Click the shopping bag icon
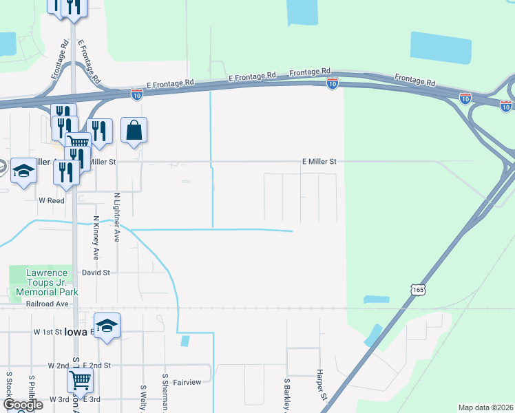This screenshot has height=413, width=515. [x=134, y=130]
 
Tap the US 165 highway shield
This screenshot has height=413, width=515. [x=418, y=290]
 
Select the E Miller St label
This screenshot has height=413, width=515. [x=319, y=161]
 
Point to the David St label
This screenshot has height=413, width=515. [x=96, y=273]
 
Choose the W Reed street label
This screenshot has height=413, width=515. [x=51, y=200]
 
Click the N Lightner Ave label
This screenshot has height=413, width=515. [x=117, y=216]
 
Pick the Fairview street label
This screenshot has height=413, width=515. [x=187, y=382]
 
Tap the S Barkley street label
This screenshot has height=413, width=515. [x=286, y=394]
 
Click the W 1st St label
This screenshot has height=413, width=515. [x=48, y=331]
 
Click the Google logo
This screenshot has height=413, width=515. [x=23, y=405]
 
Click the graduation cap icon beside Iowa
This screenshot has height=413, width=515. [x=107, y=326]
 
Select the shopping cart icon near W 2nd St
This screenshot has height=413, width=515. [x=81, y=379]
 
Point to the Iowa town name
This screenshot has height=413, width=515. [x=75, y=332]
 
